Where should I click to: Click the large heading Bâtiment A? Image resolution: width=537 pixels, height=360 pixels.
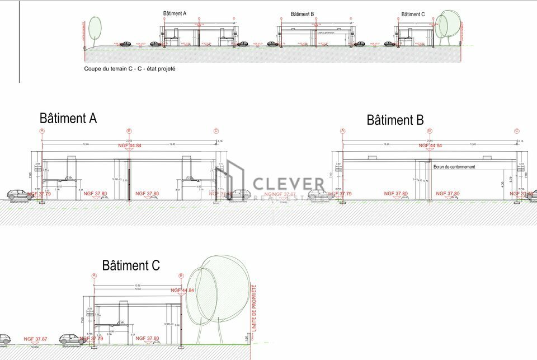(68, 119)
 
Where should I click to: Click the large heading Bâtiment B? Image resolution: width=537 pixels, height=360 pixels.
(395, 120)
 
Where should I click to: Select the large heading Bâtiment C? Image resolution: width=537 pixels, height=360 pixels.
(131, 265)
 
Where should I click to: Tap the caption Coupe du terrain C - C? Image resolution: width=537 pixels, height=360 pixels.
(129, 69)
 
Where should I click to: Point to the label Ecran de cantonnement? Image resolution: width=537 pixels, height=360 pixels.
(454, 167)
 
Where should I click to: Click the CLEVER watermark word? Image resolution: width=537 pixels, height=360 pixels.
(288, 184)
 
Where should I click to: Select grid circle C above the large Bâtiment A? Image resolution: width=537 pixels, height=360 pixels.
(216, 131)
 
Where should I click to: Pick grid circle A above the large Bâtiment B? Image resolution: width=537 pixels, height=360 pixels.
(342, 131)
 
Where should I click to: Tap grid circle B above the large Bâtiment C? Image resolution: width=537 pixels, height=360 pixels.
(181, 275)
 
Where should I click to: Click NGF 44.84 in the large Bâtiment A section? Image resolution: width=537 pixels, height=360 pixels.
(130, 146)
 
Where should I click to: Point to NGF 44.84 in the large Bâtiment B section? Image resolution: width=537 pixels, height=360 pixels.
(430, 146)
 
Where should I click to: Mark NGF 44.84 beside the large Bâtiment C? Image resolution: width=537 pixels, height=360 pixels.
(182, 291)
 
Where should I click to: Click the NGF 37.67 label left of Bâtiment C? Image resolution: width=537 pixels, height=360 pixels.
(35, 339)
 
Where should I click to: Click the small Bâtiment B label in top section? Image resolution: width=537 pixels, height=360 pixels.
(302, 14)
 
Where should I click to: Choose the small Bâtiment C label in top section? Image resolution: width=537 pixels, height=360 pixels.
(413, 15)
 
